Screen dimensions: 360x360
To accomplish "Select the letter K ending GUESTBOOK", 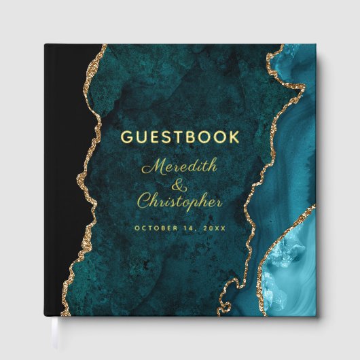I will (x=232, y=139).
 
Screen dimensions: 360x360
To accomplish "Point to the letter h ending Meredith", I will (x=207, y=165).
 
